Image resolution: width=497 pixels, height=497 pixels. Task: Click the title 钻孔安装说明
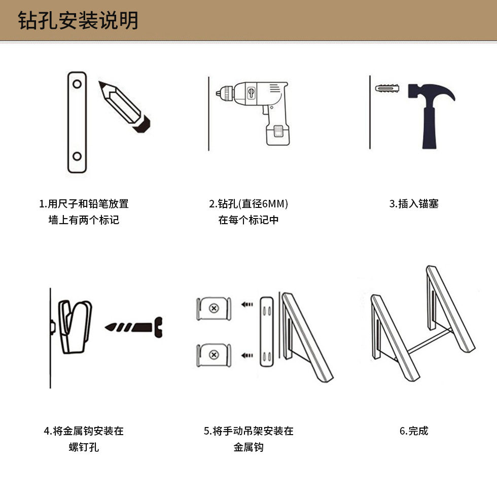tap(78, 20)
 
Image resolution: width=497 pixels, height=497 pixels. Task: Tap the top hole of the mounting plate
tap(77, 84)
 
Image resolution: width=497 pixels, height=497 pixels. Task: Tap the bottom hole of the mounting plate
tap(77, 156)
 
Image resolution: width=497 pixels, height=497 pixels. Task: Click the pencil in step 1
tap(124, 106)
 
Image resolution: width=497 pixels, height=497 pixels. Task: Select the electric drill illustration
tap(254, 113)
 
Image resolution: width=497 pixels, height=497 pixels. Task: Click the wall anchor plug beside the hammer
tap(387, 88)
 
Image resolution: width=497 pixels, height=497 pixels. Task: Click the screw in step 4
tap(133, 327)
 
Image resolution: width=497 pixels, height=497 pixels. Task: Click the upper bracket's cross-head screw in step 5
tap(214, 308)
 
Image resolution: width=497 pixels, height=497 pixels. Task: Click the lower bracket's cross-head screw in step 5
tap(214, 354)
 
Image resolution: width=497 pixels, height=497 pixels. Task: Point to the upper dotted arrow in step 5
tap(247, 305)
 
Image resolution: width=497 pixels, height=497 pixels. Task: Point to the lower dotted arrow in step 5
tap(247, 356)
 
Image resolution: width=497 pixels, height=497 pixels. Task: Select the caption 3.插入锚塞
tap(414, 203)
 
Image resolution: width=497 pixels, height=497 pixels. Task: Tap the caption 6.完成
tap(414, 431)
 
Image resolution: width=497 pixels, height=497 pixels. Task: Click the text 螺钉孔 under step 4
tap(84, 447)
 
